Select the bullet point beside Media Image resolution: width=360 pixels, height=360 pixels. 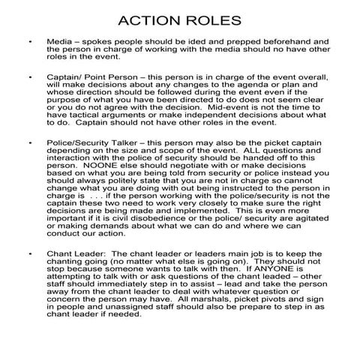(x=28, y=37)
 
